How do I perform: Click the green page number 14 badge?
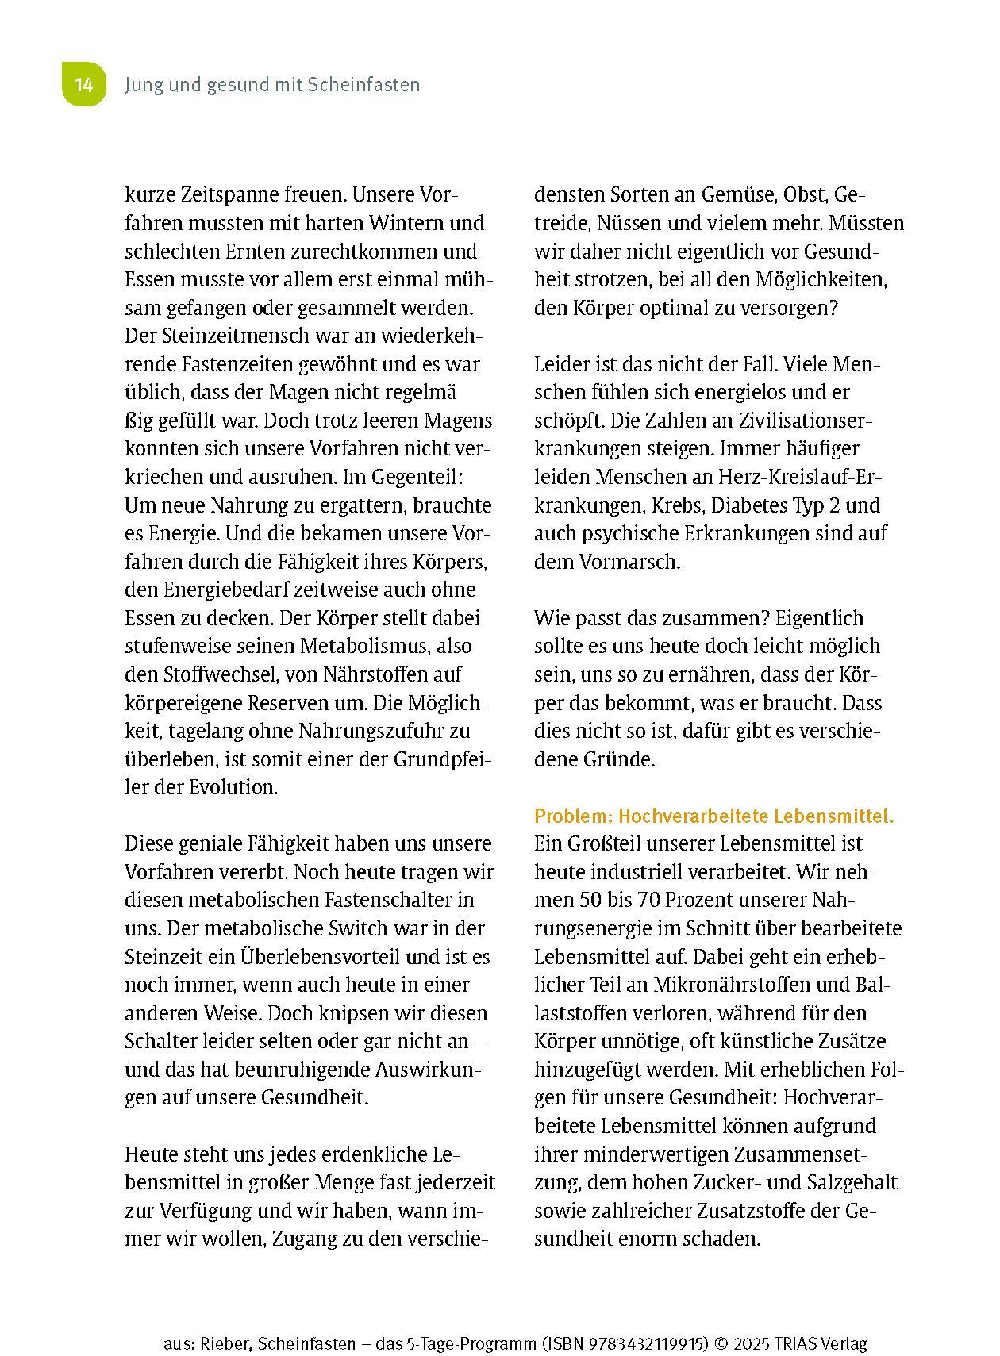coord(84,85)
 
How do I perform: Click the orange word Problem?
coord(571,816)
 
